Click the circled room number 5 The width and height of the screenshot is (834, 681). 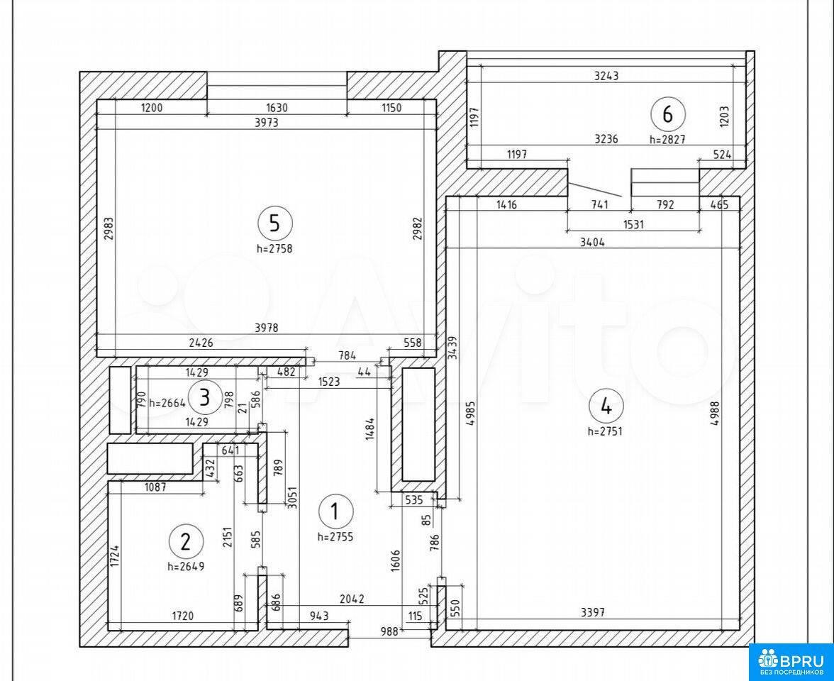click(274, 223)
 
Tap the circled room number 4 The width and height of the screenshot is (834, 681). click(606, 406)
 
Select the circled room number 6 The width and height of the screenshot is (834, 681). click(667, 113)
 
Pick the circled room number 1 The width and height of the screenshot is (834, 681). click(335, 512)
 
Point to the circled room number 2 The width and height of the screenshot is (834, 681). click(185, 542)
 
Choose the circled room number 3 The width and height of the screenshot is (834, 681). click(205, 397)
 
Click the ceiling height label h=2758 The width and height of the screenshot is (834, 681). click(274, 248)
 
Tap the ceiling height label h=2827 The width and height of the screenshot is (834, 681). click(667, 139)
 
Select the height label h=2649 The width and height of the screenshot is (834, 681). click(186, 566)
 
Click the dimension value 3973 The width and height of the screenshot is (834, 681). click(267, 122)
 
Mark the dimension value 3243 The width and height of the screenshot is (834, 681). click(606, 75)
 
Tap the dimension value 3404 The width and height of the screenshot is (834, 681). click(593, 243)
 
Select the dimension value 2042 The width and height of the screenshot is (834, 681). click(352, 599)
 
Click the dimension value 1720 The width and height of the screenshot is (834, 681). click(182, 616)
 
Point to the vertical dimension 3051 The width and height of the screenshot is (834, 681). click(292, 497)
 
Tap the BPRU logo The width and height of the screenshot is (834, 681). click(791, 662)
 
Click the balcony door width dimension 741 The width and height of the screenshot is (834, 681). click(599, 205)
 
